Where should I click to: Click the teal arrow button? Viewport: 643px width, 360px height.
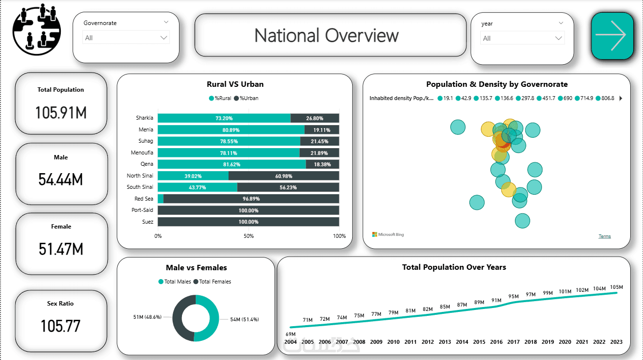[612, 36]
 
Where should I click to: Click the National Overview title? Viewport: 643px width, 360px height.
[327, 35]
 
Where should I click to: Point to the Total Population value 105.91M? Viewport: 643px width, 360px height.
[61, 113]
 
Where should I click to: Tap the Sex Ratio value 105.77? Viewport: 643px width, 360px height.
[61, 326]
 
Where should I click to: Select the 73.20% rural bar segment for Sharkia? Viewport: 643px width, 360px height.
[224, 118]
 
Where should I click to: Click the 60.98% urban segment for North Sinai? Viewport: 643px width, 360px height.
[283, 176]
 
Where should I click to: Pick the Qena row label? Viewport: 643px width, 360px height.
[147, 164]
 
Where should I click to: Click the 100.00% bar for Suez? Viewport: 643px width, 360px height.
[248, 222]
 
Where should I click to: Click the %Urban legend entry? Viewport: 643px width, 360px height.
[246, 98]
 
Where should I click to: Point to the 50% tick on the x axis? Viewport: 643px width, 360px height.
[249, 236]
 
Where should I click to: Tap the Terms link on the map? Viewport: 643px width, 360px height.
[605, 236]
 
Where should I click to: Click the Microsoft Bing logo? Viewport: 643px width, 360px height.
[388, 234]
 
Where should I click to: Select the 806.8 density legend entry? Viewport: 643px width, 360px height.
[606, 98]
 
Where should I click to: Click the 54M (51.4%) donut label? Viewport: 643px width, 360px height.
[244, 319]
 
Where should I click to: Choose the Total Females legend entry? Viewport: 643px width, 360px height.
[212, 282]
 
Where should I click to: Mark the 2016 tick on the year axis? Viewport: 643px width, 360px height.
[496, 342]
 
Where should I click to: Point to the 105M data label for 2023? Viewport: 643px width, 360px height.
[616, 287]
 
